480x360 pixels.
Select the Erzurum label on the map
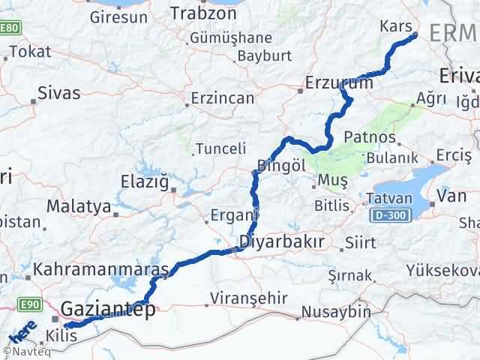[x=339, y=83]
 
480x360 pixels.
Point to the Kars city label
[x=396, y=27]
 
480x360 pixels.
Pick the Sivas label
[x=58, y=95]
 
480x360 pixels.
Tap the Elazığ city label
[x=147, y=181]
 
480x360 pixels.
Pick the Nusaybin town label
[x=336, y=311]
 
